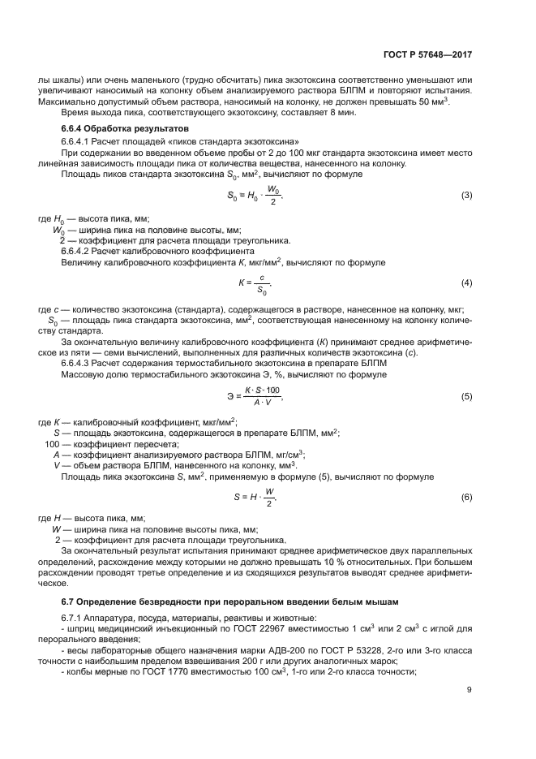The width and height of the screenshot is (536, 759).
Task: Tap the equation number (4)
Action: (x=466, y=282)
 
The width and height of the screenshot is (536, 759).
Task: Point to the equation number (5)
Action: (x=466, y=396)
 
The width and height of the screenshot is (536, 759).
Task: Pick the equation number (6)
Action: (x=466, y=496)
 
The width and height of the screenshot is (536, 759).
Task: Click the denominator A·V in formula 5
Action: (x=262, y=403)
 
